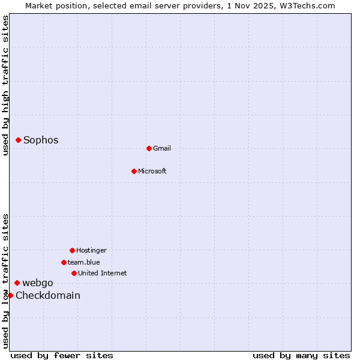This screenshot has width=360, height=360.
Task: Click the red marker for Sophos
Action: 18,140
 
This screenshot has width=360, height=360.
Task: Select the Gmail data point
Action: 149,148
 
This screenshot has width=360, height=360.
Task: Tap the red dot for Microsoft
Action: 134,171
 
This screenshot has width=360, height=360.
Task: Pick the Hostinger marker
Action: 72,250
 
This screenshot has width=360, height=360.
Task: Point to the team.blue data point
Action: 64,262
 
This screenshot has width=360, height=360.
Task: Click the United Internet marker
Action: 74,273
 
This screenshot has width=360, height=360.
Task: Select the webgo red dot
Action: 17,283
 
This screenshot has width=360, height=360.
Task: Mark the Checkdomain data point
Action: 10,295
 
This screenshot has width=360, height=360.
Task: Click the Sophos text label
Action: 41,140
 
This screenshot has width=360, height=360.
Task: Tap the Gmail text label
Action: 162,149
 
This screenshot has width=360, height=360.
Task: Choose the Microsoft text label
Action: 152,172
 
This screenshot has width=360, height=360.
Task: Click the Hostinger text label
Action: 91,251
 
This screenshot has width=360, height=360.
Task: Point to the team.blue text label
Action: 84,263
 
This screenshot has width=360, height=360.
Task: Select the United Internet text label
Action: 103,274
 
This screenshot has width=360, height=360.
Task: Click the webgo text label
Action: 38,283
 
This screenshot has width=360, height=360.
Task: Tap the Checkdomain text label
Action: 48,296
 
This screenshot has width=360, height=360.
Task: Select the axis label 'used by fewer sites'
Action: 62,356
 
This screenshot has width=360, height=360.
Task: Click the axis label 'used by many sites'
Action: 301,356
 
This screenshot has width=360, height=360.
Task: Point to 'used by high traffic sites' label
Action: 6,86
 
